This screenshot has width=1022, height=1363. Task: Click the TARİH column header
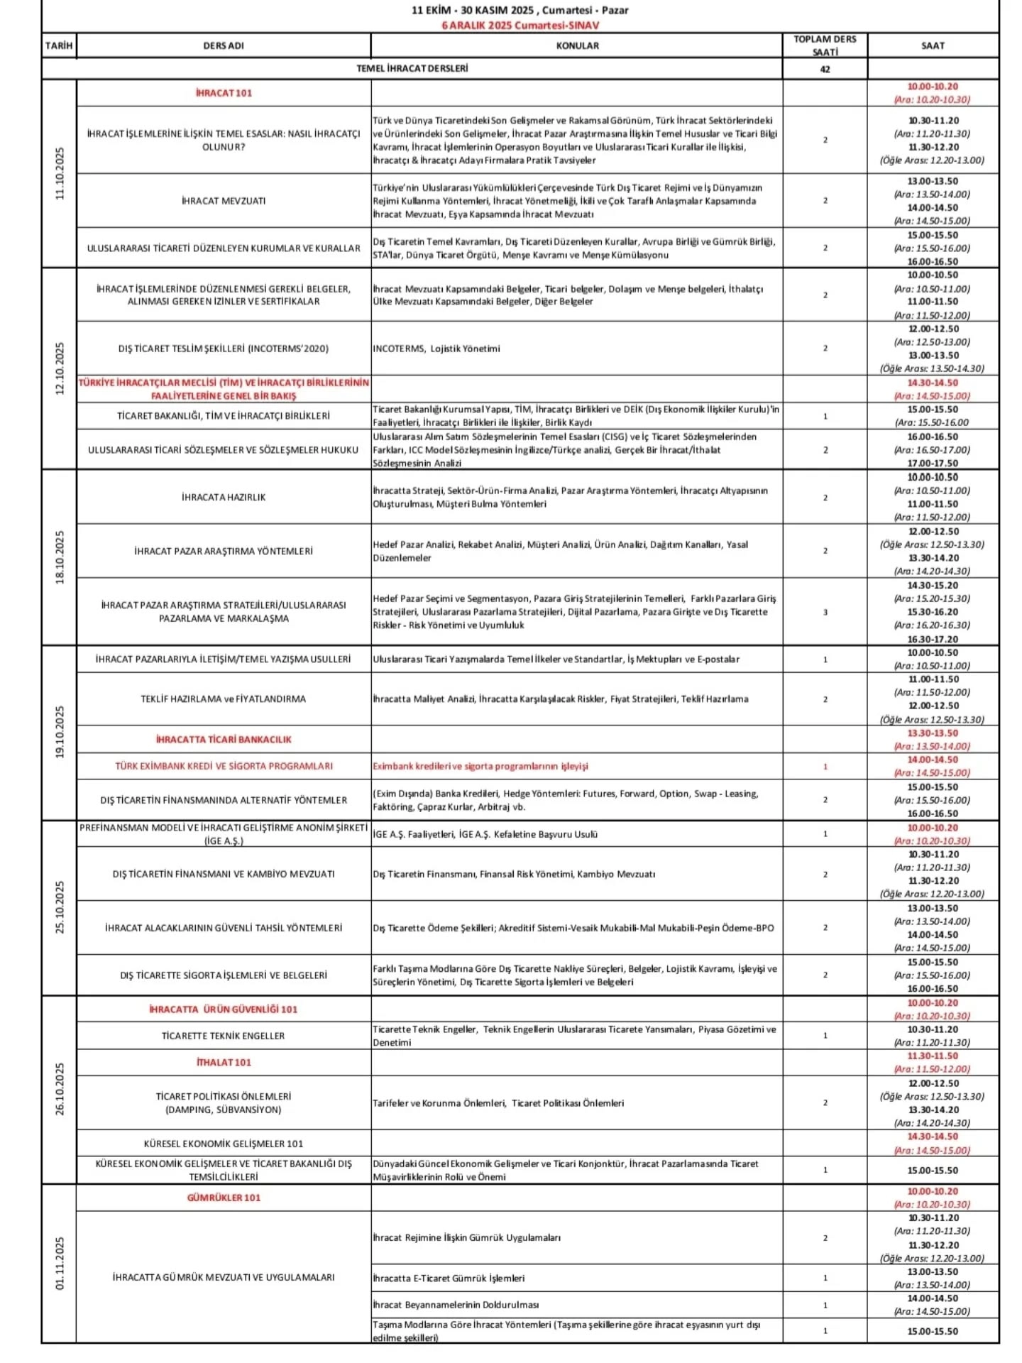pos(59,45)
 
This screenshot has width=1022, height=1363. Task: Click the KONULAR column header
pos(576,45)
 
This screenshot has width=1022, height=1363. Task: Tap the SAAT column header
pos(932,45)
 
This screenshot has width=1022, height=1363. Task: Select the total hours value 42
pos(825,69)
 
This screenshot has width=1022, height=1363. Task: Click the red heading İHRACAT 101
pos(224,93)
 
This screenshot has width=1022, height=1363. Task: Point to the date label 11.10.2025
pos(60,173)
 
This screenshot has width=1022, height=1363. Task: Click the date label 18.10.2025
pos(60,557)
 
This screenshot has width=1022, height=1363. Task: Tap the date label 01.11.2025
pos(60,1263)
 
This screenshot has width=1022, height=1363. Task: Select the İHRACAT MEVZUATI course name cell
pos(224,201)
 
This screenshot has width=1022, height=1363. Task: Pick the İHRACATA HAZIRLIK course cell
pos(224,498)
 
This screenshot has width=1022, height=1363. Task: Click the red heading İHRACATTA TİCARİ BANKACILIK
pos(224,739)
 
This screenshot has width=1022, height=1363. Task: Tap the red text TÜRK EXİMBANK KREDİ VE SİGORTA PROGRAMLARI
pos(224,766)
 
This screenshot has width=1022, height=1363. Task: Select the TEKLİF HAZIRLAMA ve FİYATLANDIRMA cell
pos(224,699)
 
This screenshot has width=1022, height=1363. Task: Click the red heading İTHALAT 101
pos(224,1062)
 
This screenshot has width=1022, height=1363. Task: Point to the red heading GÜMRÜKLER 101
pos(224,1198)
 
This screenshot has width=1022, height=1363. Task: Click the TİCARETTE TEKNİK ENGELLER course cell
pos(224,1036)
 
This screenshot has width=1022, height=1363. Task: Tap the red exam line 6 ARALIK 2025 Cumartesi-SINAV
pos(520,25)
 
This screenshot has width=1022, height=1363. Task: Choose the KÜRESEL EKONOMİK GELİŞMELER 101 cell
pos(224,1144)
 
